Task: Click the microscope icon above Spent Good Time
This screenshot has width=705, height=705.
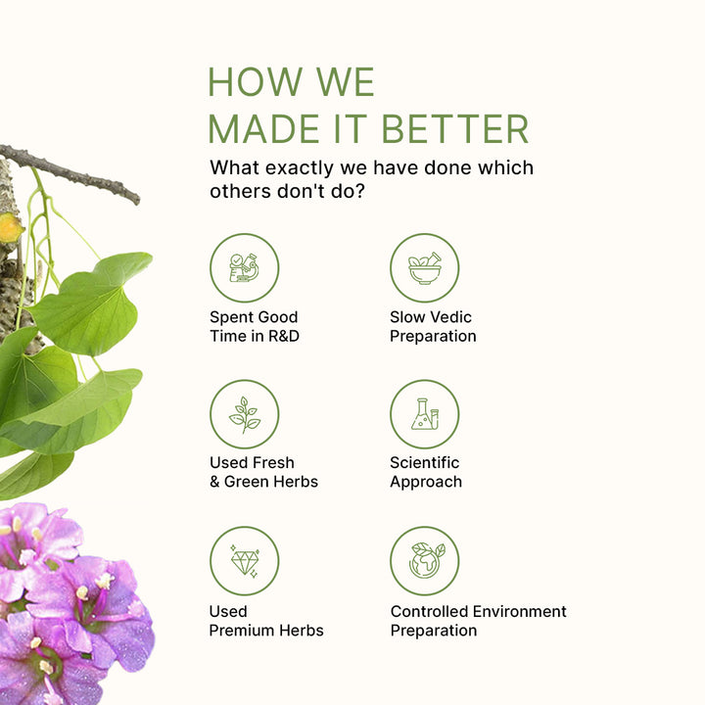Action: pos(244,268)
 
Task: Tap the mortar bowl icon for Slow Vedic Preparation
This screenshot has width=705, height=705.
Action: pos(424,268)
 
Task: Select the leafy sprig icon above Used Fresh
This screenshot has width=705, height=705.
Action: pos(244,414)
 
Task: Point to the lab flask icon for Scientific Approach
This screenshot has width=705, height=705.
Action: pos(425,414)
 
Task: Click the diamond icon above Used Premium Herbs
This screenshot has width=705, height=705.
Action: pos(245,561)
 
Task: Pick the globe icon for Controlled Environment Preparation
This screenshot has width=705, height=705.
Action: pos(425,560)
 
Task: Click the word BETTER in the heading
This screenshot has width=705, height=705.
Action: pos(454,129)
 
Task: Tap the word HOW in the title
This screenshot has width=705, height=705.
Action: pos(255,82)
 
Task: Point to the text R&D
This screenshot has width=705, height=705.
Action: pos(284,336)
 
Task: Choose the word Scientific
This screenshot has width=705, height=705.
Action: pos(424,462)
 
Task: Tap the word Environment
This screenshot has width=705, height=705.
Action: pos(519,611)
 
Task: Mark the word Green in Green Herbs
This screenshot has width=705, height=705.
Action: pos(245,482)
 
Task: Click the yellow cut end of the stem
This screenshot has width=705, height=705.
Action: pos(10,227)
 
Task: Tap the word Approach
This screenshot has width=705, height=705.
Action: pos(426,482)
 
